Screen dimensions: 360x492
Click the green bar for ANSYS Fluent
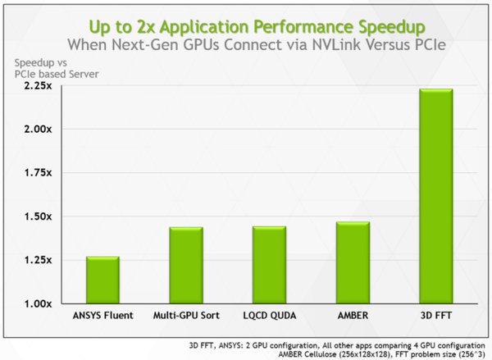(x=103, y=280)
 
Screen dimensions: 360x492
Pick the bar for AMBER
(x=353, y=263)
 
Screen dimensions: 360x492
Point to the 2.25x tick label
(x=37, y=85)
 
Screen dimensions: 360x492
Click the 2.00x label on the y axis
(x=37, y=129)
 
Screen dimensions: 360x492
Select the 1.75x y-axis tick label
(x=37, y=173)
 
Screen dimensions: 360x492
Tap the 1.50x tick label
(x=37, y=216)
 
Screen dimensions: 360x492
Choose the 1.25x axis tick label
(x=37, y=260)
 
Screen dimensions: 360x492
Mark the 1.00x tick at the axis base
(x=37, y=303)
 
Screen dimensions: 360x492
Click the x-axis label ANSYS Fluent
(x=103, y=315)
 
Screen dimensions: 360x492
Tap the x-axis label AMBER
(x=353, y=315)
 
